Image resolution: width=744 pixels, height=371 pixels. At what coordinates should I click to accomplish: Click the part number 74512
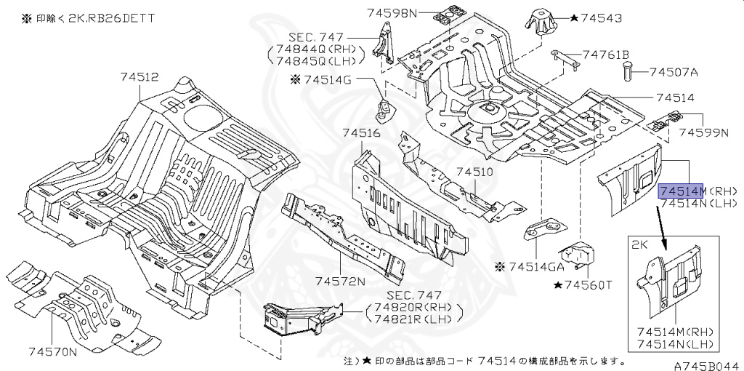139,77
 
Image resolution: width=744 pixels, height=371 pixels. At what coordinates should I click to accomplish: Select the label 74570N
53,351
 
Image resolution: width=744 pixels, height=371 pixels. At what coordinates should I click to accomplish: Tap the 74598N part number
392,13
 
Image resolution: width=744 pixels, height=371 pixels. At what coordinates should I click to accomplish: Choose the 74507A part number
674,72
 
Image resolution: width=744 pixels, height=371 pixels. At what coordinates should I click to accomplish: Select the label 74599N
703,132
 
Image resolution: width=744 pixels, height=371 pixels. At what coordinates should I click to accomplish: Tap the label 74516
361,133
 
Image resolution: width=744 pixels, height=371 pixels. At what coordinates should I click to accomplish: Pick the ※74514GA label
529,267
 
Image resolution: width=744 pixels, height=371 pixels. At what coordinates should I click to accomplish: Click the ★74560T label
582,285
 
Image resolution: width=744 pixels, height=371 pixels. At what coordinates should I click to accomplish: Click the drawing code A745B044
708,365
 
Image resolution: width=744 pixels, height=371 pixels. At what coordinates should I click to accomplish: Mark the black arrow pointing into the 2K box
661,232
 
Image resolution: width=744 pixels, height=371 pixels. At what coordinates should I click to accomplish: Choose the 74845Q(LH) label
316,60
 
